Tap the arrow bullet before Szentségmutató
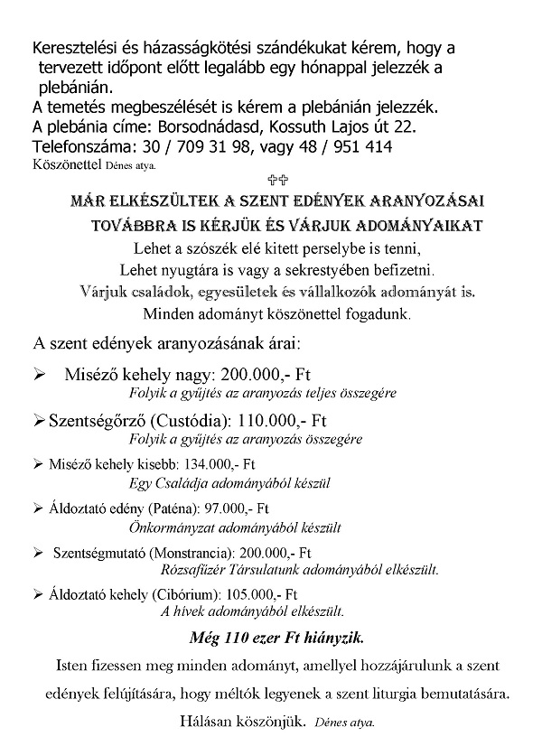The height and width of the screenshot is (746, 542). tap(37, 552)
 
